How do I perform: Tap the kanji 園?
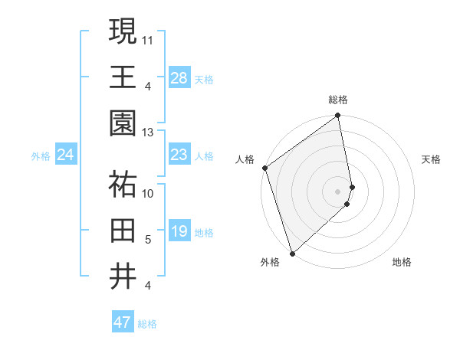[123, 122]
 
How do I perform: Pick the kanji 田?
[123, 229]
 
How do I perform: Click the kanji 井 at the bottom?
[123, 275]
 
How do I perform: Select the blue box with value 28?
[179, 78]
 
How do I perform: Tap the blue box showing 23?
[179, 155]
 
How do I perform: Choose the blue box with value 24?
[65, 155]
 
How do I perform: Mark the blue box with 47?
[122, 322]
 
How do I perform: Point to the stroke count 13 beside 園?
[148, 132]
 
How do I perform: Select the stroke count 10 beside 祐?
[148, 193]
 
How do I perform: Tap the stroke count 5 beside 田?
[148, 240]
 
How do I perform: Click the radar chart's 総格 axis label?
[338, 100]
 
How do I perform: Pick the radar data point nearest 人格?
[264, 168]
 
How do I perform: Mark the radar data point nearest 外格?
[292, 253]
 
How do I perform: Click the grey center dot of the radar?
[338, 191]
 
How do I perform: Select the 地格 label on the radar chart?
[402, 263]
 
